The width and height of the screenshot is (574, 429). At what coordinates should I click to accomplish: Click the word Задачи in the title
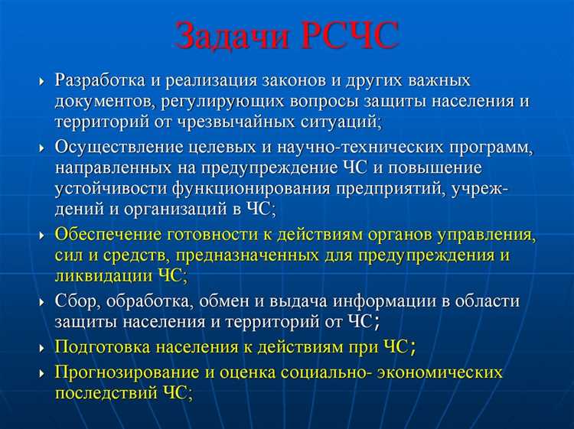[230, 36]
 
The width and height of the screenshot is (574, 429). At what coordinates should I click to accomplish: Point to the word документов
[103, 101]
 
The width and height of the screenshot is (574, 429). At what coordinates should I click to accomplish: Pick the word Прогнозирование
[122, 372]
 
